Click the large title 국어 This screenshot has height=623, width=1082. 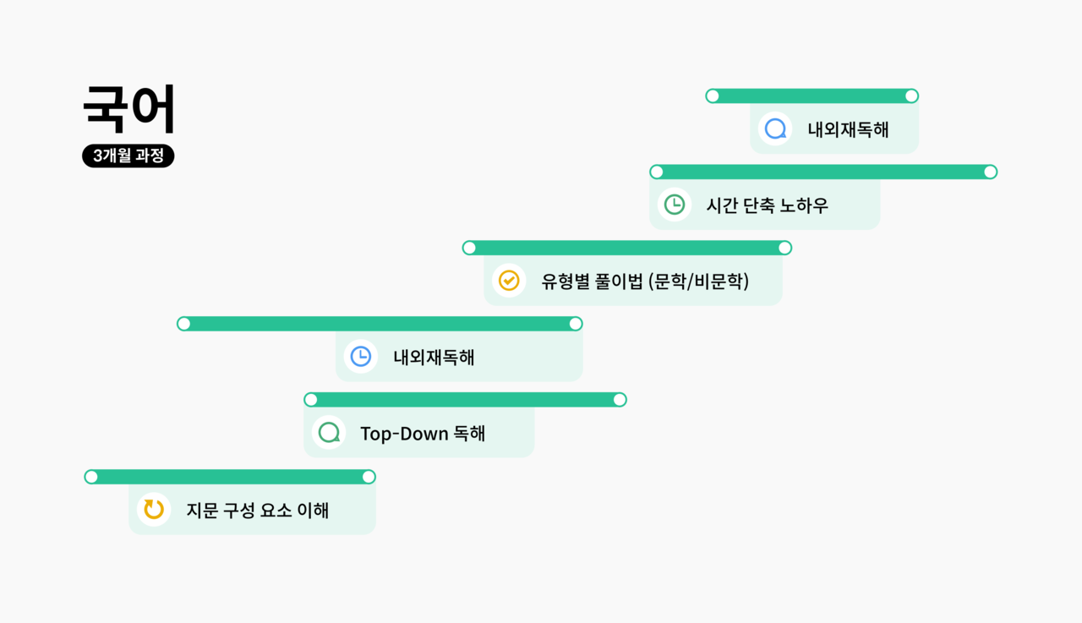(129, 110)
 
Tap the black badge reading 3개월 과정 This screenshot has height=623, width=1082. (128, 156)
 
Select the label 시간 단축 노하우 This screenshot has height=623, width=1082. (768, 205)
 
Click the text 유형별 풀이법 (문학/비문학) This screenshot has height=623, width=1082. (645, 281)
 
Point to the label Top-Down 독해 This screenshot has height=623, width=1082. (423, 433)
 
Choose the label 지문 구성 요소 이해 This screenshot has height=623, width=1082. (258, 510)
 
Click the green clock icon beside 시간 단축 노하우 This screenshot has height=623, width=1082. (675, 205)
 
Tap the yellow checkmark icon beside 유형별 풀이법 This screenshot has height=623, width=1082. (509, 281)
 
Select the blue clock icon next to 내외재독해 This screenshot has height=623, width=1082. (361, 357)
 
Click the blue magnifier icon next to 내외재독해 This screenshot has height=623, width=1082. (775, 129)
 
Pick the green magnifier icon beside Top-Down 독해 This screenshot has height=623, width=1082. (328, 433)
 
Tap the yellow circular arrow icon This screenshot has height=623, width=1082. (154, 509)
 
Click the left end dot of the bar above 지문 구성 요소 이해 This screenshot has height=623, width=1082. (91, 477)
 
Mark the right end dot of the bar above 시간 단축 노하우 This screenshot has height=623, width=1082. (990, 172)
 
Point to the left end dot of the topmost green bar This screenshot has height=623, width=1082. (713, 96)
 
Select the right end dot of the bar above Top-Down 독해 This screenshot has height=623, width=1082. (620, 400)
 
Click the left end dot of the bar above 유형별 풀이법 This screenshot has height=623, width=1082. (469, 248)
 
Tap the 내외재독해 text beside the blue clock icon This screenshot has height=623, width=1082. (434, 357)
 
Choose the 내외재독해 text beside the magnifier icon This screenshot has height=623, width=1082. (848, 129)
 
